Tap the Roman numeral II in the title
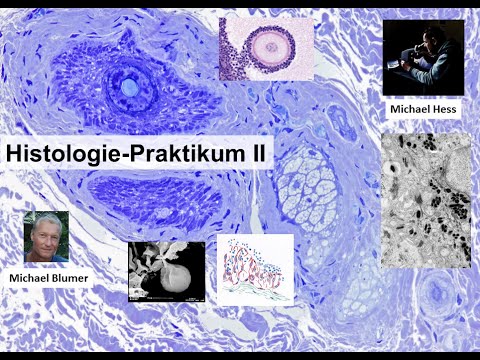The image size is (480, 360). point(263,155)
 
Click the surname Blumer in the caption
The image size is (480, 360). point(72,276)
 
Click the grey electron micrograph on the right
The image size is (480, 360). point(425,200)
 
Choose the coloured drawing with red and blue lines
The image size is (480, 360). point(255,270)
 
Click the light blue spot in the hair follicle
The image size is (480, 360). point(130,88)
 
